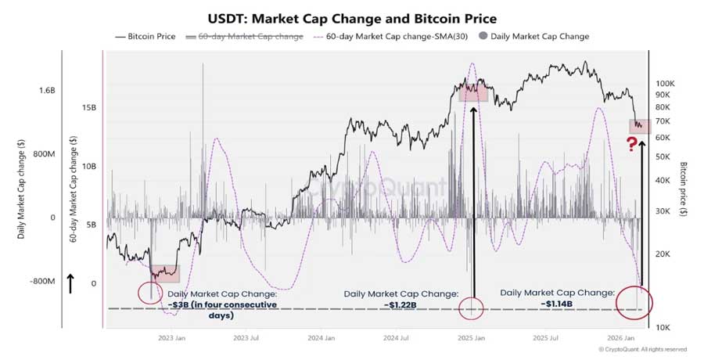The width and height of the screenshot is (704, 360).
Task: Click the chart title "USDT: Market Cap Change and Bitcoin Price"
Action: pos(352,16)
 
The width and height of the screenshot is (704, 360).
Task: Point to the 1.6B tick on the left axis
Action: pos(48,91)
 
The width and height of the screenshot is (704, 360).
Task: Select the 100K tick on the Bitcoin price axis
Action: pos(665,83)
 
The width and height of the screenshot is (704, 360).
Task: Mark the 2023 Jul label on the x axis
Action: pos(246,338)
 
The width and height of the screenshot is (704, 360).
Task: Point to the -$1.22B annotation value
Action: pos(400,304)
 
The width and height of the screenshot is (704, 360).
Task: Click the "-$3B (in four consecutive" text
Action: pos(221,304)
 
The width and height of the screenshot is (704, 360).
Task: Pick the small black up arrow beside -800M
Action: pos(71,283)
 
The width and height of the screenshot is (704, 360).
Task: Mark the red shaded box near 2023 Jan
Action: pos(165,273)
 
